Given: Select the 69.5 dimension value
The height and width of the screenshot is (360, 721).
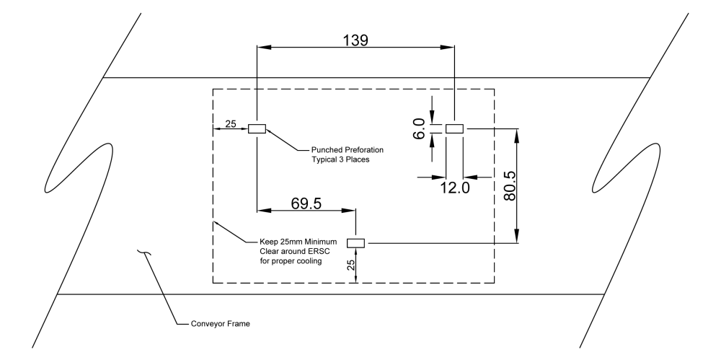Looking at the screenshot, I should [306, 203].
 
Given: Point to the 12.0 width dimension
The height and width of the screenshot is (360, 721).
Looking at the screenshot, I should [454, 188].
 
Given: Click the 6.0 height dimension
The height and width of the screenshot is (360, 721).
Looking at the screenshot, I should [419, 130].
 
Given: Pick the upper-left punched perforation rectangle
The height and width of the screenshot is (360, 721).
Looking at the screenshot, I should [257, 129].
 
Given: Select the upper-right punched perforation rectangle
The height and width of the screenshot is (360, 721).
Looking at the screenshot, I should [454, 128].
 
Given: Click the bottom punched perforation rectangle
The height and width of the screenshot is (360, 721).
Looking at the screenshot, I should [357, 243].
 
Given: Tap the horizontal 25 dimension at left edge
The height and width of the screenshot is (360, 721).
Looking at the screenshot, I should [231, 124].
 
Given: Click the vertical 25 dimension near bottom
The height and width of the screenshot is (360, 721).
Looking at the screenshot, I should [351, 265].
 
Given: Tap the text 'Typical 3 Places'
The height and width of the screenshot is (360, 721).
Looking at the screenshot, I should [340, 159].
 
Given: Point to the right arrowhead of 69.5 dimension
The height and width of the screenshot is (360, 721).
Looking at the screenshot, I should [352, 211].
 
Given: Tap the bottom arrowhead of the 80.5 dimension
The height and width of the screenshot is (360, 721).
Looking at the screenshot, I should [517, 240].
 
